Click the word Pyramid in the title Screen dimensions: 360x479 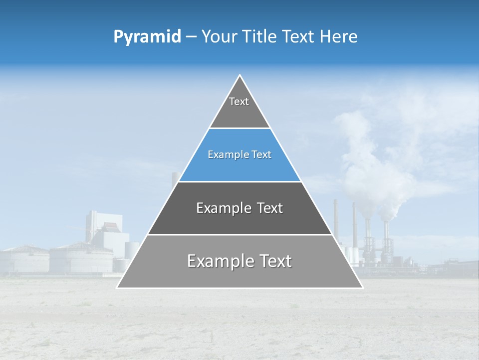pos(147,37)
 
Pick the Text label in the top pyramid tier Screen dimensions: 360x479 pos(239,101)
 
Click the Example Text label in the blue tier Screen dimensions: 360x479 pos(239,154)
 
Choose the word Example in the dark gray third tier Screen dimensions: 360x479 pos(218,208)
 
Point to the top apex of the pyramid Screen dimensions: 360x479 pos(240,75)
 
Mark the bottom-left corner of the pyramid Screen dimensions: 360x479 pos(117,287)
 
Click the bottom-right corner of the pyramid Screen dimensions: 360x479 pos(362,287)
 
